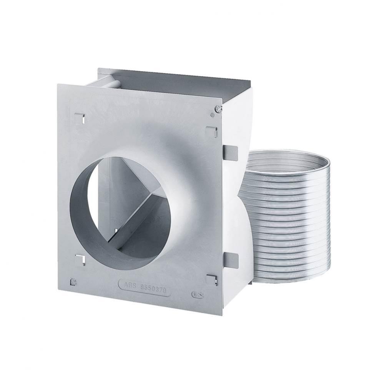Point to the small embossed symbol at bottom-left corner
[73, 283]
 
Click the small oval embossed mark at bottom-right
[197, 295]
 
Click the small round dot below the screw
[213, 115]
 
